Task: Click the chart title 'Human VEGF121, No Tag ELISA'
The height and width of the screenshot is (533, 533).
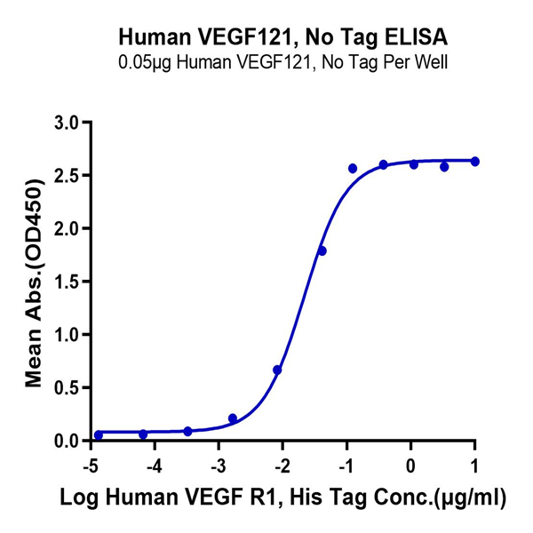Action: pyautogui.click(x=282, y=38)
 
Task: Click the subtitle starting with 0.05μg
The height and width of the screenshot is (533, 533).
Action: pyautogui.click(x=282, y=62)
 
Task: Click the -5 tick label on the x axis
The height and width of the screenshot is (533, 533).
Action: pyautogui.click(x=89, y=465)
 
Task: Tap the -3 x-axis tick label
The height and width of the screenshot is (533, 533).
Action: pyautogui.click(x=217, y=465)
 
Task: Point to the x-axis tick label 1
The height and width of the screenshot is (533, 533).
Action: pyautogui.click(x=474, y=465)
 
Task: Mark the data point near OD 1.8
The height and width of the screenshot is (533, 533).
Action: pyautogui.click(x=322, y=251)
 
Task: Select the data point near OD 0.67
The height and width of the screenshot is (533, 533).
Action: pyautogui.click(x=277, y=370)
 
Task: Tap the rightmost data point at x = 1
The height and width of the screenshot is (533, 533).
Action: pyautogui.click(x=474, y=161)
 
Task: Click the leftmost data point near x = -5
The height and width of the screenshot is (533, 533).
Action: pyautogui.click(x=99, y=435)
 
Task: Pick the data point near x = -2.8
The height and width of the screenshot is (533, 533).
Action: pyautogui.click(x=233, y=418)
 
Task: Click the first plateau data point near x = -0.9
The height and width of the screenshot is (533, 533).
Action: pyautogui.click(x=353, y=168)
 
